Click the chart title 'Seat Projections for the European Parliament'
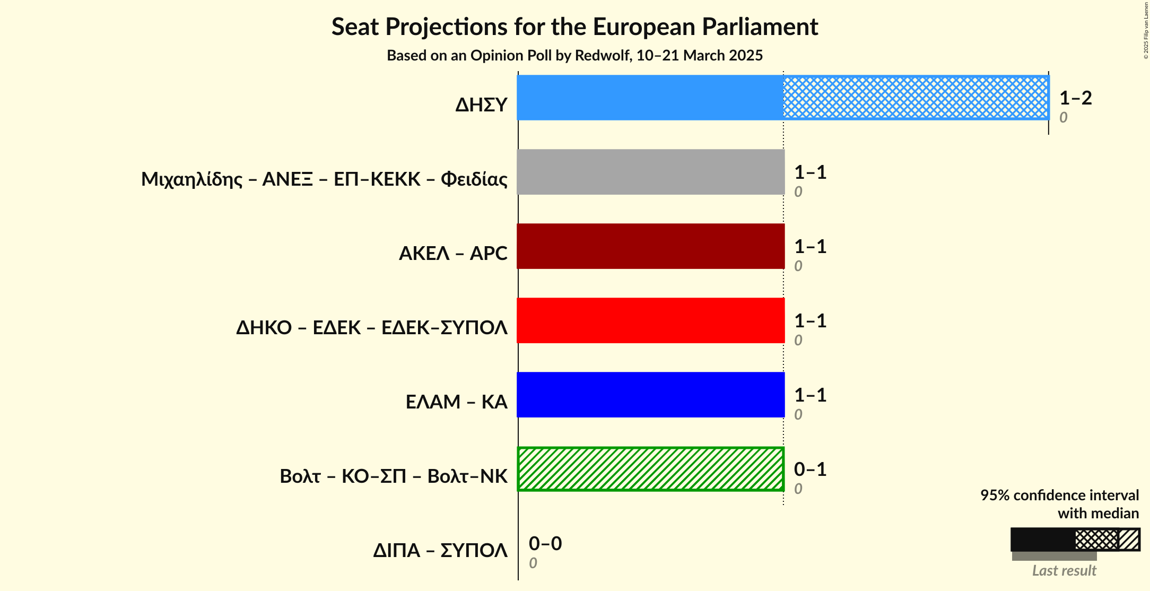[x=574, y=27]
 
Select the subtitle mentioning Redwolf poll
[x=574, y=56]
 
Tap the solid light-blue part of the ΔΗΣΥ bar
[x=650, y=98]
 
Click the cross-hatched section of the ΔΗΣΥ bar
[x=916, y=98]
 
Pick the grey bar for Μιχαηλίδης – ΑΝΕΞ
[x=650, y=172]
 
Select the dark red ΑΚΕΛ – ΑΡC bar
[x=650, y=246]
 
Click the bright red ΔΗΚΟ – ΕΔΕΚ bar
[x=650, y=320]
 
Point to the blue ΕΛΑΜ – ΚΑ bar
[x=650, y=395]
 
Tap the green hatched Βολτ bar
[x=650, y=469]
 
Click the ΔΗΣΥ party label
[x=481, y=105]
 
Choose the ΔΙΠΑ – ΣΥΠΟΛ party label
[x=440, y=551]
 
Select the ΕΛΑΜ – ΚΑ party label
[x=456, y=402]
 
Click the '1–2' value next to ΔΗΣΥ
[x=1075, y=98]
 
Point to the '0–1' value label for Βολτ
[x=810, y=470]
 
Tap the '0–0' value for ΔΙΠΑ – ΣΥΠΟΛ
[x=545, y=544]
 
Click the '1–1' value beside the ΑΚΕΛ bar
[x=810, y=247]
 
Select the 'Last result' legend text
[x=1064, y=571]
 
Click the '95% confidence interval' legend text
[x=1059, y=496]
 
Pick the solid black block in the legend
[x=1042, y=540]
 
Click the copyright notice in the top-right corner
[x=1146, y=31]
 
